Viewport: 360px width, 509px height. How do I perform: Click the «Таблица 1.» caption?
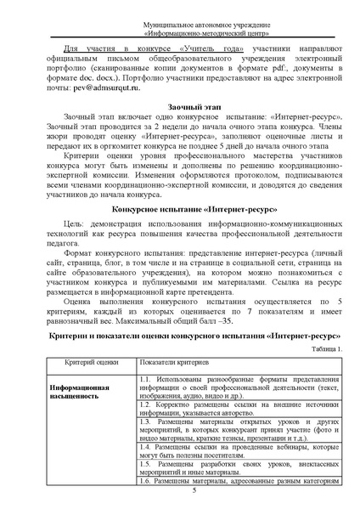[327, 349]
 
